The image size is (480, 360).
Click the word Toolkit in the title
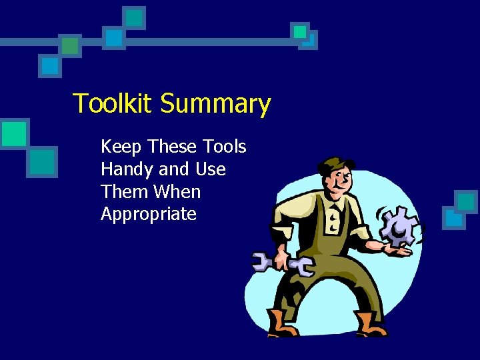pos(113,104)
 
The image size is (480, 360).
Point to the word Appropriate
pos(149,215)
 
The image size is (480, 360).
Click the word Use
pos(210,170)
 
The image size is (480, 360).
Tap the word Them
pos(125,192)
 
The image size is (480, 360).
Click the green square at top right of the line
pos(301,31)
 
